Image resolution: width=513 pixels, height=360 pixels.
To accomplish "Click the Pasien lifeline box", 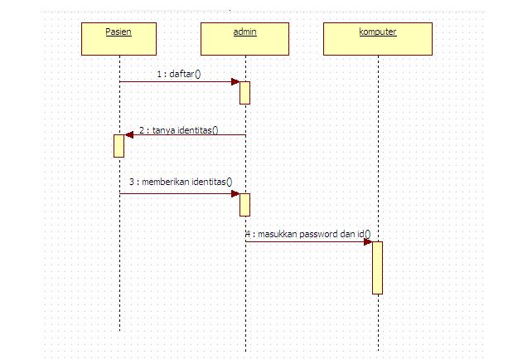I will click(x=119, y=38).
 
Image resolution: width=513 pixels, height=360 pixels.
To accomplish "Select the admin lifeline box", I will click(x=244, y=38).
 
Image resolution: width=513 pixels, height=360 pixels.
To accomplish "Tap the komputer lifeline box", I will click(x=377, y=38).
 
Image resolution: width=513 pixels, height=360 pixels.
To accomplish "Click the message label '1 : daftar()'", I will click(x=179, y=74).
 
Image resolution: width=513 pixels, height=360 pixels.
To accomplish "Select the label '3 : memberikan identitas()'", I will click(x=180, y=182).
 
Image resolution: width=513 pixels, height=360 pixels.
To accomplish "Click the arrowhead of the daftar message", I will click(x=235, y=81).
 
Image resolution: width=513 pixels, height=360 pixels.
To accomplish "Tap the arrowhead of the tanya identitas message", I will click(x=128, y=134).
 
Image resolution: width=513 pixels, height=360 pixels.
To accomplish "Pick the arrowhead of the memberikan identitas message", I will click(x=235, y=193).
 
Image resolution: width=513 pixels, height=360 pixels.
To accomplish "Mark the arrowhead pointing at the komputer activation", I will click(x=367, y=241).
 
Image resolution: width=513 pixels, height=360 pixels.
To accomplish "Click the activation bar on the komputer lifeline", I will click(x=377, y=267).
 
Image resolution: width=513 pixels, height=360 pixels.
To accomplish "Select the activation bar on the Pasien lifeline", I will click(x=119, y=145).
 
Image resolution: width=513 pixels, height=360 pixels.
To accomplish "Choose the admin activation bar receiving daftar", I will click(x=244, y=92).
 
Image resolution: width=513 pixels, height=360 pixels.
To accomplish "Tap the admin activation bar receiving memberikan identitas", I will click(x=244, y=204).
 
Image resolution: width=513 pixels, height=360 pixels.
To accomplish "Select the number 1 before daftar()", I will click(x=159, y=74).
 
